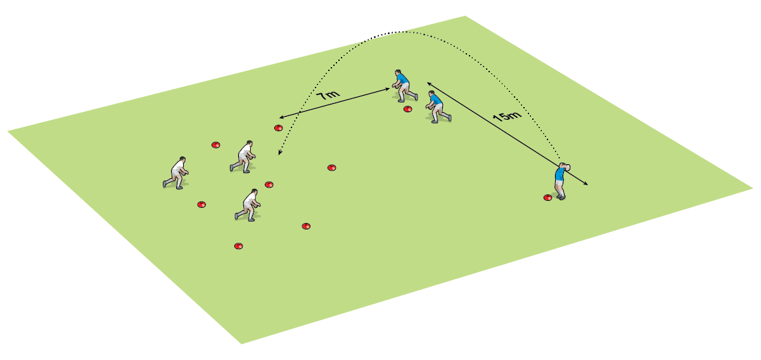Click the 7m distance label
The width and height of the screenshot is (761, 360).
tap(328, 96)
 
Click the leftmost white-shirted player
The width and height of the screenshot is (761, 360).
tap(176, 172)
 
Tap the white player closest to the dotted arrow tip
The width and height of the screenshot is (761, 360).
tap(244, 157)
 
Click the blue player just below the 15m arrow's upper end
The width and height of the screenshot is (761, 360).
tap(436, 106)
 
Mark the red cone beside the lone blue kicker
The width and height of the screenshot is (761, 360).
tap(547, 198)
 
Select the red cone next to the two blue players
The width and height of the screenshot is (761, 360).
tap(407, 109)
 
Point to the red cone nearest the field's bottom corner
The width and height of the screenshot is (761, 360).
tap(238, 246)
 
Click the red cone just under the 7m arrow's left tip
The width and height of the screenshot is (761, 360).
tap(278, 128)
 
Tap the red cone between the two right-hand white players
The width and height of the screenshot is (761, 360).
tap(269, 184)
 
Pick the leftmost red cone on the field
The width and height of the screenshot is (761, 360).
tap(201, 204)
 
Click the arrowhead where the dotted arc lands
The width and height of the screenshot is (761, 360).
tap(279, 153)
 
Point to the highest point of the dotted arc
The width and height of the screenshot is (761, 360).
tap(396, 31)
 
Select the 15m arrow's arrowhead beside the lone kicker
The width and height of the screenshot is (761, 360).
tap(586, 184)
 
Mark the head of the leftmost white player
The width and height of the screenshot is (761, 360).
tap(182, 159)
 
